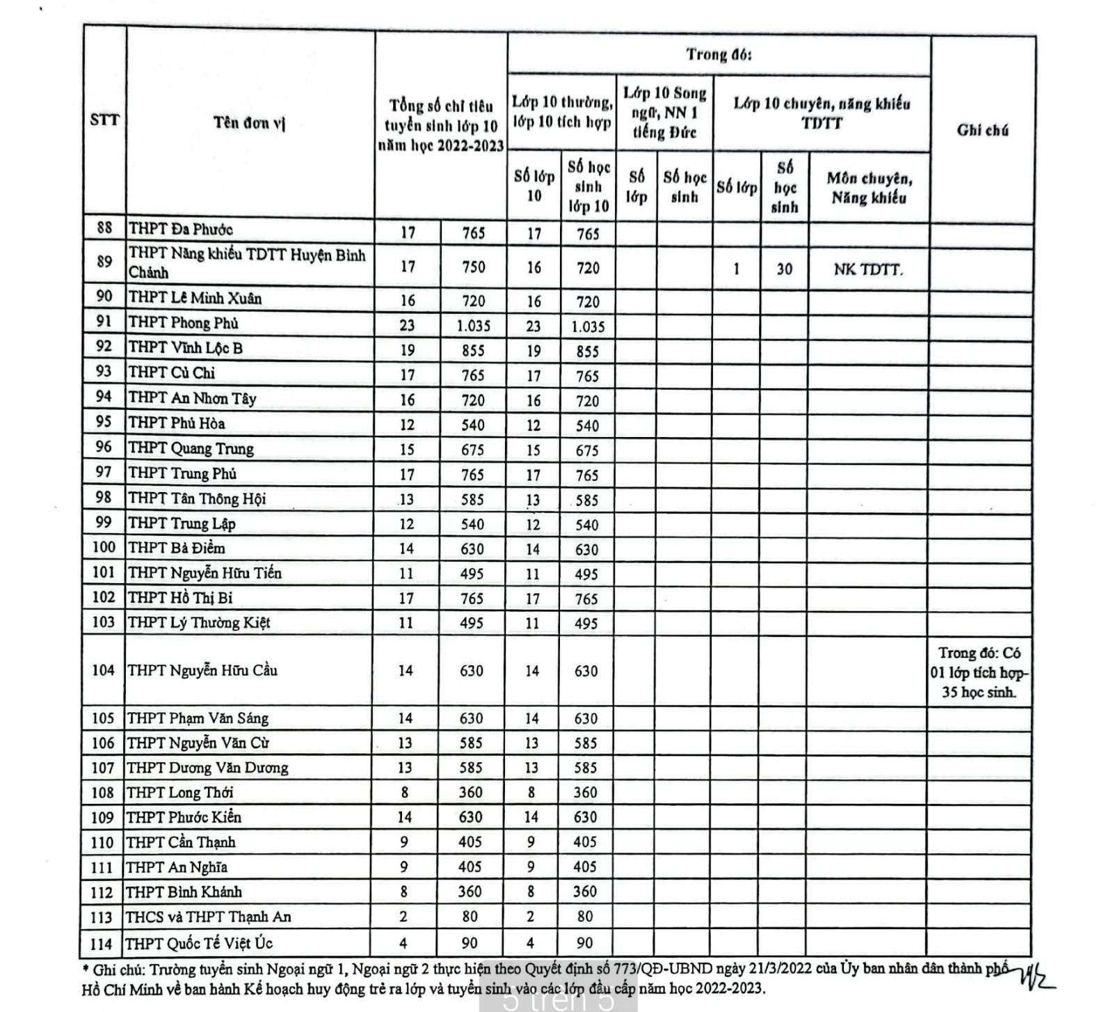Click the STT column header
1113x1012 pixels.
pos(104,120)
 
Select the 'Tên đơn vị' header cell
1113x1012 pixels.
pos(249,123)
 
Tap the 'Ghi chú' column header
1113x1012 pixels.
pos(982,130)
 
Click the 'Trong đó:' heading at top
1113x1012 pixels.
pos(719,54)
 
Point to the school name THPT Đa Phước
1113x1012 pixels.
pos(181,229)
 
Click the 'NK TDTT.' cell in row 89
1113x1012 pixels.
pos(868,269)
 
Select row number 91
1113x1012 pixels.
pos(104,322)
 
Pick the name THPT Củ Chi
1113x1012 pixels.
pos(172,372)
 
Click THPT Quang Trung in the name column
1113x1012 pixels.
pos(191,448)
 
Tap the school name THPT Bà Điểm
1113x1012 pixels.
pos(177,548)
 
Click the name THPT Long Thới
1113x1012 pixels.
pos(179,792)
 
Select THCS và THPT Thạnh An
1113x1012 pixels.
pos(208,917)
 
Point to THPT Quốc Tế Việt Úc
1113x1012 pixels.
pos(199,943)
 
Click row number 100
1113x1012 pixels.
pos(103,547)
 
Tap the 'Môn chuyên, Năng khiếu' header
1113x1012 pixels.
pos(869,188)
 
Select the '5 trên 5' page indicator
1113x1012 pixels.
pos(559,1000)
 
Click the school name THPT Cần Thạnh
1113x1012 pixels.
pos(181,842)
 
